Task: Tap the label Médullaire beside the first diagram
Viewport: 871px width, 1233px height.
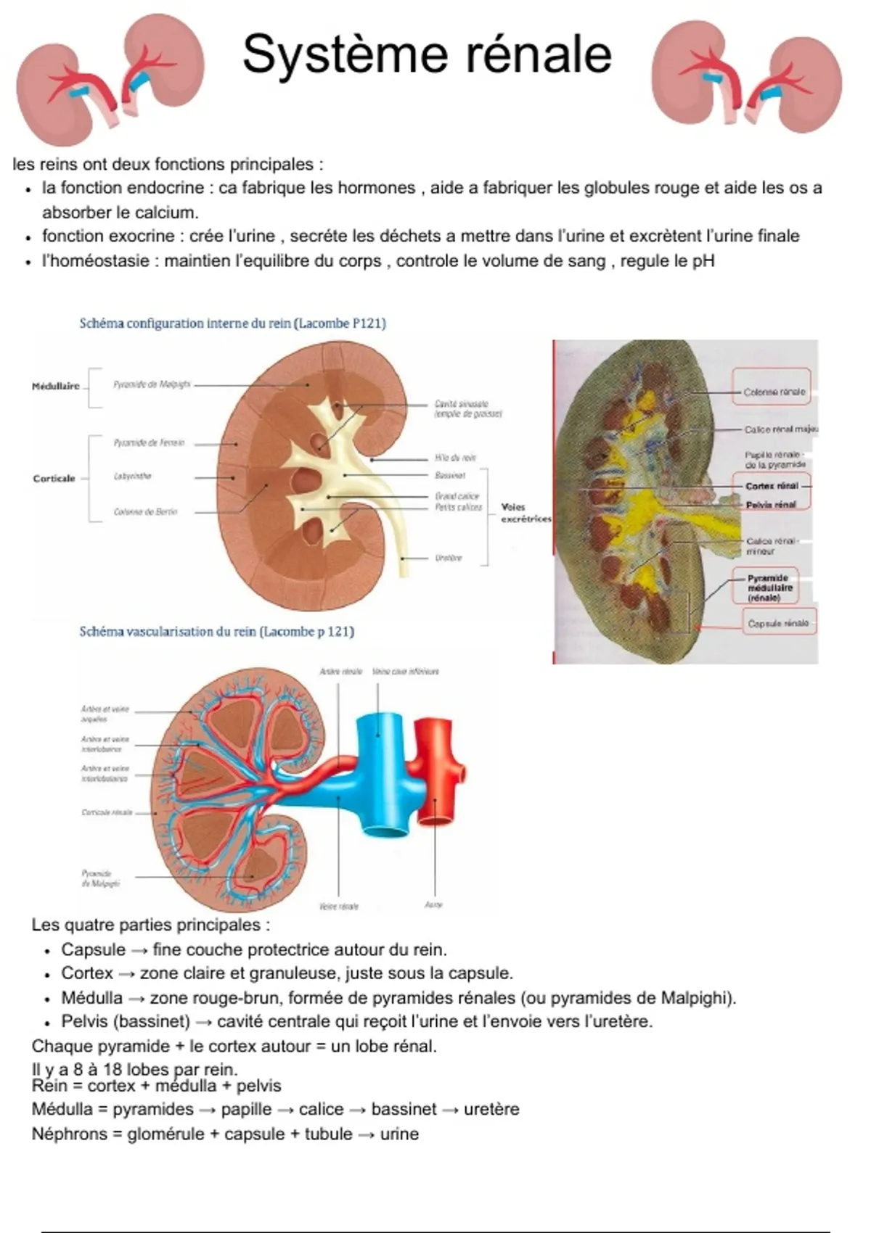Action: tap(56, 386)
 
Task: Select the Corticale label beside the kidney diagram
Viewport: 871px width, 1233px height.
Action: tap(54, 478)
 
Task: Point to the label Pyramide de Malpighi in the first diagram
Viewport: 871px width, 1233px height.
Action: tap(152, 384)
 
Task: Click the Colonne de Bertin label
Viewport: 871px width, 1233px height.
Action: tap(145, 511)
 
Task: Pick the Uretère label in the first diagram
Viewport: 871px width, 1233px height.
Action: tap(449, 558)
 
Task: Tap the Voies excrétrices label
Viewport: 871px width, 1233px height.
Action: tap(526, 513)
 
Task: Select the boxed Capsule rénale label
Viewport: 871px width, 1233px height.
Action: tap(778, 623)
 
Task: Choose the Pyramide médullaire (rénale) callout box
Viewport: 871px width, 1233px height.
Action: tap(770, 587)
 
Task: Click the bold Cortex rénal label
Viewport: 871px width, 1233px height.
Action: tap(772, 485)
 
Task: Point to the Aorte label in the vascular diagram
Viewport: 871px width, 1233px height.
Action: tap(433, 904)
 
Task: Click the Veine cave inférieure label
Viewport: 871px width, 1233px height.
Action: tap(406, 672)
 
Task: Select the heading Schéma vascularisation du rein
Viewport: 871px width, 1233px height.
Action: tap(216, 631)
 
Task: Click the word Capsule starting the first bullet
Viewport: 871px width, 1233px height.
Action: tap(93, 949)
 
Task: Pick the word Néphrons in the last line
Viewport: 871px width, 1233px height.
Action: tap(69, 1134)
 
